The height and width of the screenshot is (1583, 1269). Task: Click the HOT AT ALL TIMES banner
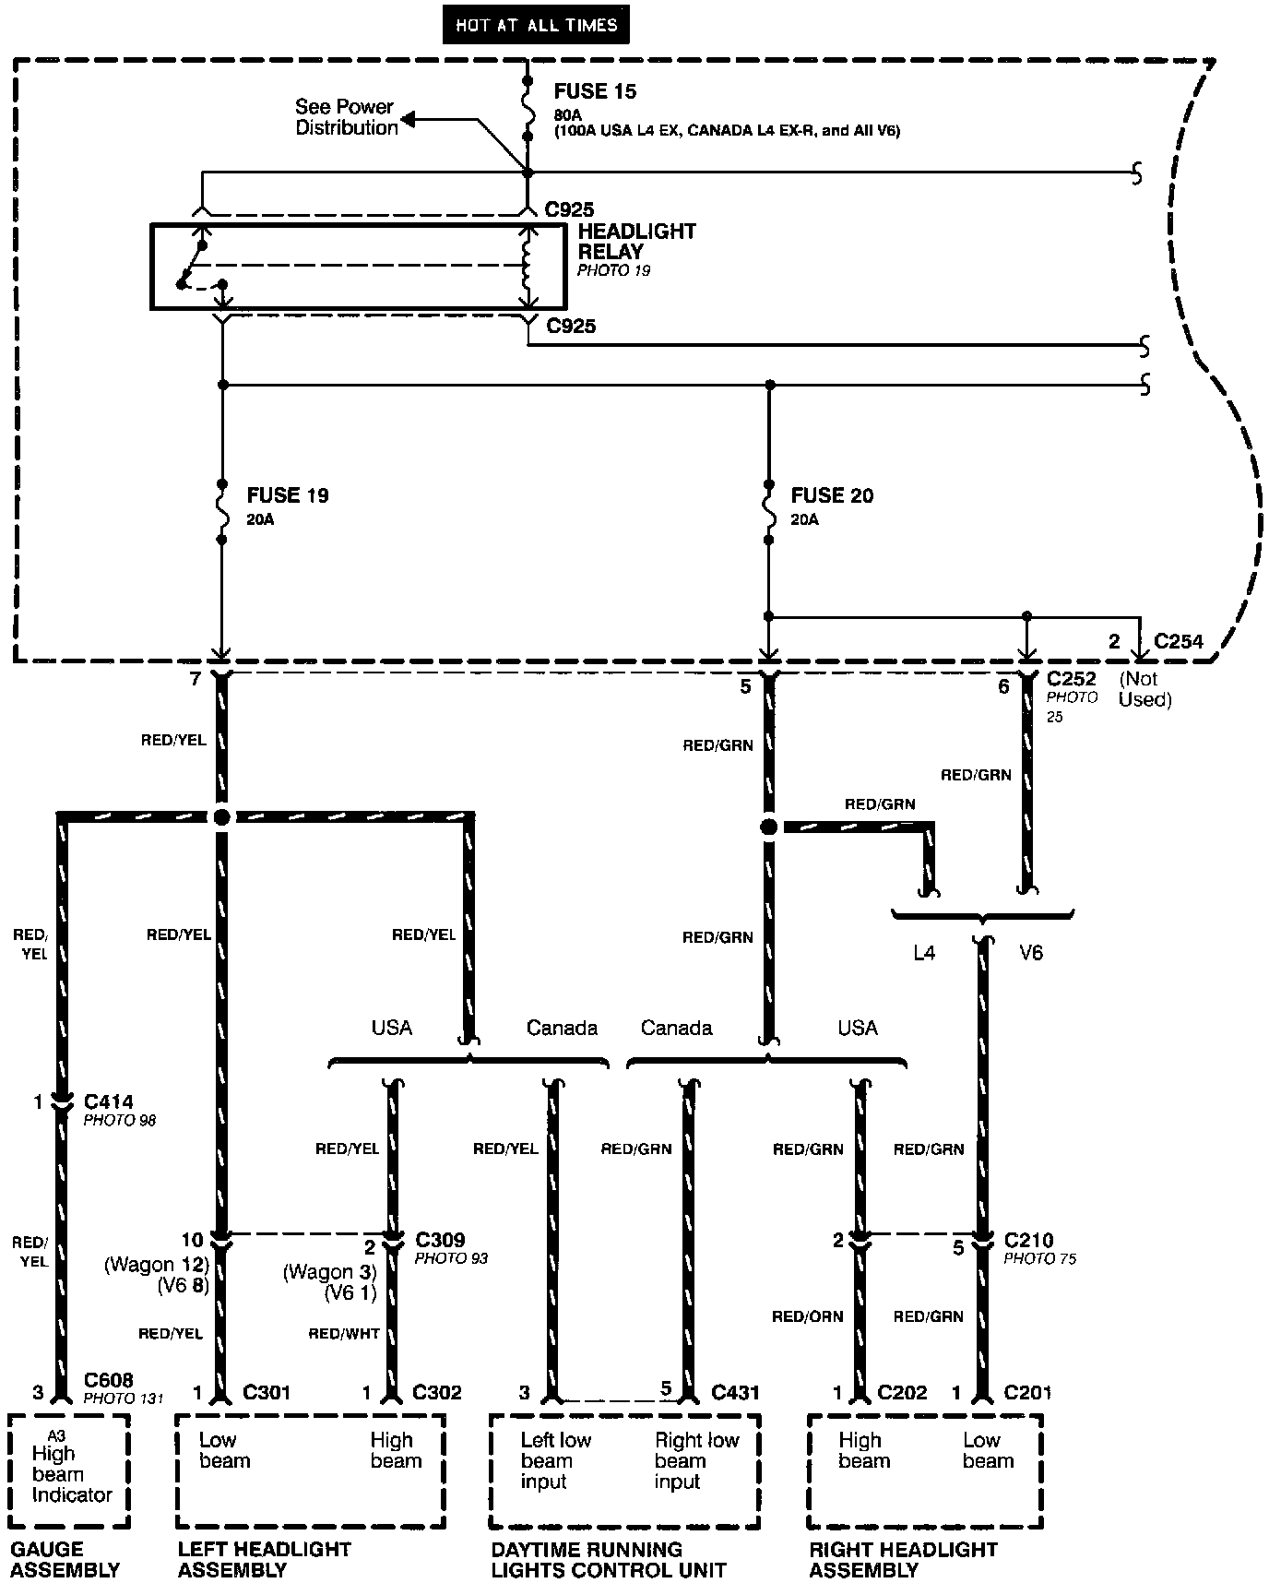pos(536,25)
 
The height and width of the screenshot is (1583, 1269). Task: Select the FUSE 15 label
pos(595,91)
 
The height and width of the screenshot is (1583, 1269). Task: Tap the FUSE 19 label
pos(288,495)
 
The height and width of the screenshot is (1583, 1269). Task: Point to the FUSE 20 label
pos(832,495)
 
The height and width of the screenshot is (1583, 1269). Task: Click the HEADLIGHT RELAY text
pos(636,241)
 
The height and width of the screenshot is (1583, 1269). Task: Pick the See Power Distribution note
pos(345,117)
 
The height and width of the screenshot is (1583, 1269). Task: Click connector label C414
pos(108,1101)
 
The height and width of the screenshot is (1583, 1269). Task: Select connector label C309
pos(440,1240)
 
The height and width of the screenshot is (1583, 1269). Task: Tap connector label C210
pos(1028,1240)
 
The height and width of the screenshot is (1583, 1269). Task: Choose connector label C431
pos(735,1392)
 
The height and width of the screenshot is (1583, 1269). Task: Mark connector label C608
pos(108,1380)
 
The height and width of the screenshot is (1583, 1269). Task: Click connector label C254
pos(1179,641)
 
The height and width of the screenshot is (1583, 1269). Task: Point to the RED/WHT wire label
pos(343,1333)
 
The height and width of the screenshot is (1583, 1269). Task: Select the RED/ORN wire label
pos(807,1316)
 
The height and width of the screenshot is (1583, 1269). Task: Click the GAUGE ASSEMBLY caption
pos(65,1559)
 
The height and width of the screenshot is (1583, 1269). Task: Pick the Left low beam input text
pos(555,1461)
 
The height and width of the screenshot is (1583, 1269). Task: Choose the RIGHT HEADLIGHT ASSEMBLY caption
pos(903,1559)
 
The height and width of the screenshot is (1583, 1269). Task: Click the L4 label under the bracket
pos(924,953)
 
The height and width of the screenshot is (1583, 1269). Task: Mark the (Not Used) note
pos(1144,689)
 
